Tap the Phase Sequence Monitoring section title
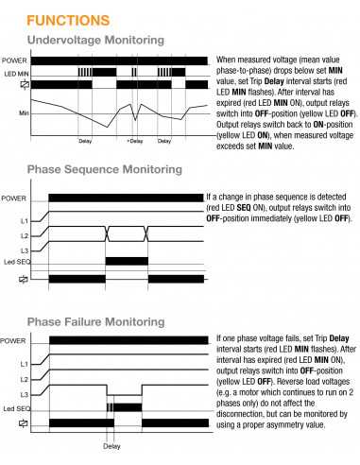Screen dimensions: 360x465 coord(104,169)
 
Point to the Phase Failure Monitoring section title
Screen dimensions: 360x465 coord(98,319)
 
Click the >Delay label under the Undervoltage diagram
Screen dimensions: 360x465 coord(134,141)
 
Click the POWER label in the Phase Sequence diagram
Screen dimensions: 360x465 coord(14,198)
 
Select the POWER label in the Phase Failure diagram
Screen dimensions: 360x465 coord(14,340)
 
